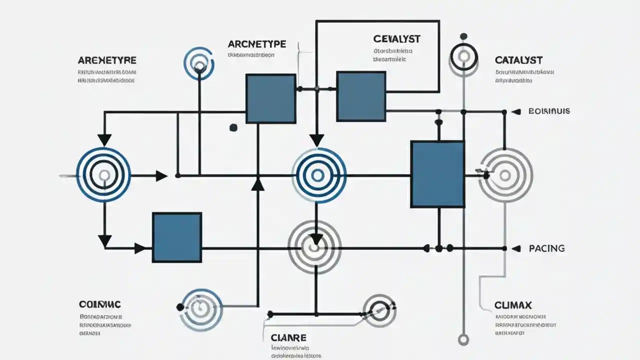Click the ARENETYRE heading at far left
[107, 60]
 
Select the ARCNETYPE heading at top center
[257, 43]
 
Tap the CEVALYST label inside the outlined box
[396, 38]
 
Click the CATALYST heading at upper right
[518, 60]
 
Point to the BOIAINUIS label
[549, 111]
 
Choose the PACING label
[546, 248]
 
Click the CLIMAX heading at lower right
[512, 305]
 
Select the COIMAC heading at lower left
[100, 304]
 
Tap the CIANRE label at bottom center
[288, 337]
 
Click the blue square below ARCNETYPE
[270, 98]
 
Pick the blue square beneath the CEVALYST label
[361, 96]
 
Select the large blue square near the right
[437, 174]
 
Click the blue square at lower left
[177, 237]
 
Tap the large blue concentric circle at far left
[103, 175]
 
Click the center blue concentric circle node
[318, 175]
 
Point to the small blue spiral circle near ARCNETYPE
[199, 63]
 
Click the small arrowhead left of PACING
[518, 248]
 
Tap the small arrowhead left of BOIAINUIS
[517, 111]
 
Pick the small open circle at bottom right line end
[463, 340]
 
